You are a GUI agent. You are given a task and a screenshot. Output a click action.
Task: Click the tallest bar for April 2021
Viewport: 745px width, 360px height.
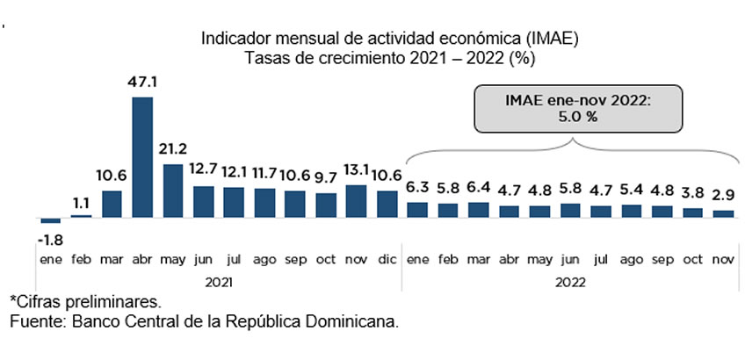click(142, 156)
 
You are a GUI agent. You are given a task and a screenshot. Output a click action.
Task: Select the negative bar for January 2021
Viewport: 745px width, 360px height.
click(50, 220)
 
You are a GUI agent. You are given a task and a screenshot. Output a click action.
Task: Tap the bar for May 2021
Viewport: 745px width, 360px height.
click(173, 190)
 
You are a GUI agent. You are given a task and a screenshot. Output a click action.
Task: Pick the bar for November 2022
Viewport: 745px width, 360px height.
click(722, 213)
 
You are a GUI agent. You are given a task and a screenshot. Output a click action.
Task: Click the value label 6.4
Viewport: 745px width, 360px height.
click(480, 187)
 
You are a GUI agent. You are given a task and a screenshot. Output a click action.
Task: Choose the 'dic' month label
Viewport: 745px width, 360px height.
click(387, 261)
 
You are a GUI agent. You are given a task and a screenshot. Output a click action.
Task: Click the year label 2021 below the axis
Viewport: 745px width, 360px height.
click(220, 282)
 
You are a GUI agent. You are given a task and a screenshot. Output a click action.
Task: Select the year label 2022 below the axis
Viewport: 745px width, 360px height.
click(569, 282)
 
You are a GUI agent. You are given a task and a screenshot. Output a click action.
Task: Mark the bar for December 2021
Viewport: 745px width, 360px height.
click(387, 204)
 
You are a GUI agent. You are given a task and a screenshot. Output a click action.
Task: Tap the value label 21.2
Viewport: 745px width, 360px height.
click(173, 148)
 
